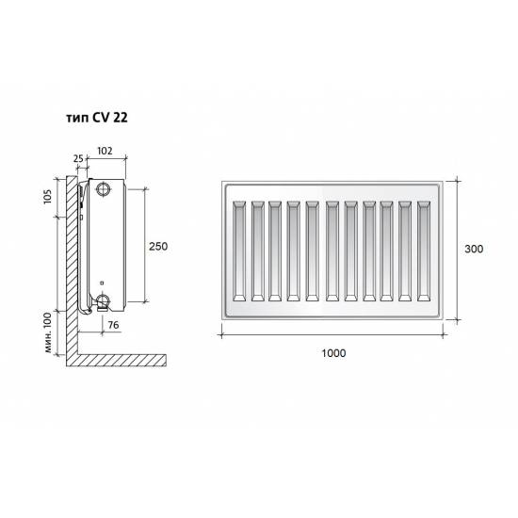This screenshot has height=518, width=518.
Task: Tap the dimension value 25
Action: pos(78,159)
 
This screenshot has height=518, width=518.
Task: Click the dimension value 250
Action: pos(158,246)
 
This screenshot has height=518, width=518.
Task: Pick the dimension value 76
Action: pos(113,325)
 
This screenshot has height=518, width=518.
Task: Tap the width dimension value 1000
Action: pos(332,353)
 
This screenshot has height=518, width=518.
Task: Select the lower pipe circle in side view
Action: pos(102,302)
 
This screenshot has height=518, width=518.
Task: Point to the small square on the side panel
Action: pos(103,280)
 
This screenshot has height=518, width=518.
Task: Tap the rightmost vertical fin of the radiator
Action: pos(424,250)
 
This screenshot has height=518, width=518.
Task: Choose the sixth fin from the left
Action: pos(332,250)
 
